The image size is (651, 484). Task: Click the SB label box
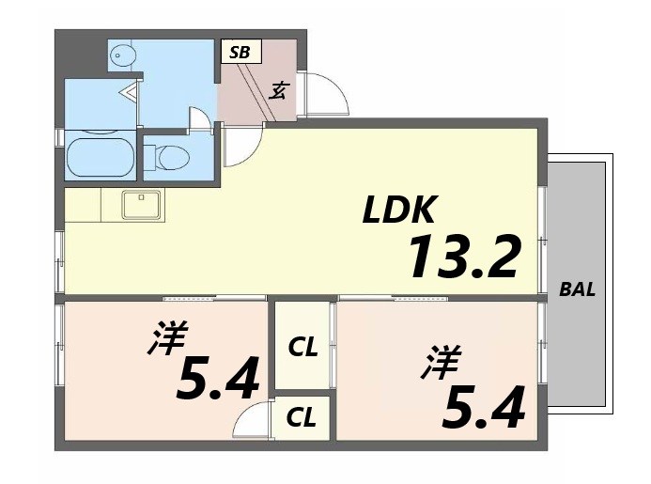coord(240,52)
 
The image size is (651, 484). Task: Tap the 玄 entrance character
coord(279,90)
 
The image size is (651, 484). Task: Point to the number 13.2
coord(463,256)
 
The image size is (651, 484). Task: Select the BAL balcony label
coord(578,289)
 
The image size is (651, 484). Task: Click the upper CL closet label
coord(302,348)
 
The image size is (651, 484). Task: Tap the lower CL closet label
coord(302,416)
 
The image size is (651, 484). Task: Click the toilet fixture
coord(172,156)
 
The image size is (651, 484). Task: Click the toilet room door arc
coord(199,121)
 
